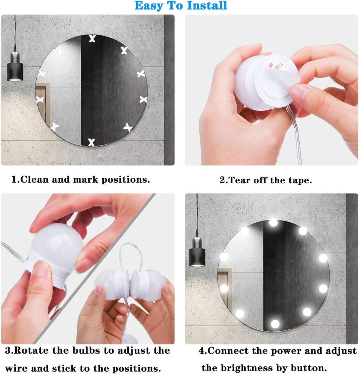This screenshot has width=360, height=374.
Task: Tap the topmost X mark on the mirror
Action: pos(92,39)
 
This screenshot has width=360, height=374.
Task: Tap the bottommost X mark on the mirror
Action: pos(91,142)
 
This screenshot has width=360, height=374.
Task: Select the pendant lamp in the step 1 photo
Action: pos(15,69)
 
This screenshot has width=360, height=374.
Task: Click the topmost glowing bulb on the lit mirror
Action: pos(273,222)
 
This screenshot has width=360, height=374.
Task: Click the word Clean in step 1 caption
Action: pos(34,179)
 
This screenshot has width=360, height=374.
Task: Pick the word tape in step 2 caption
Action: pos(301,180)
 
